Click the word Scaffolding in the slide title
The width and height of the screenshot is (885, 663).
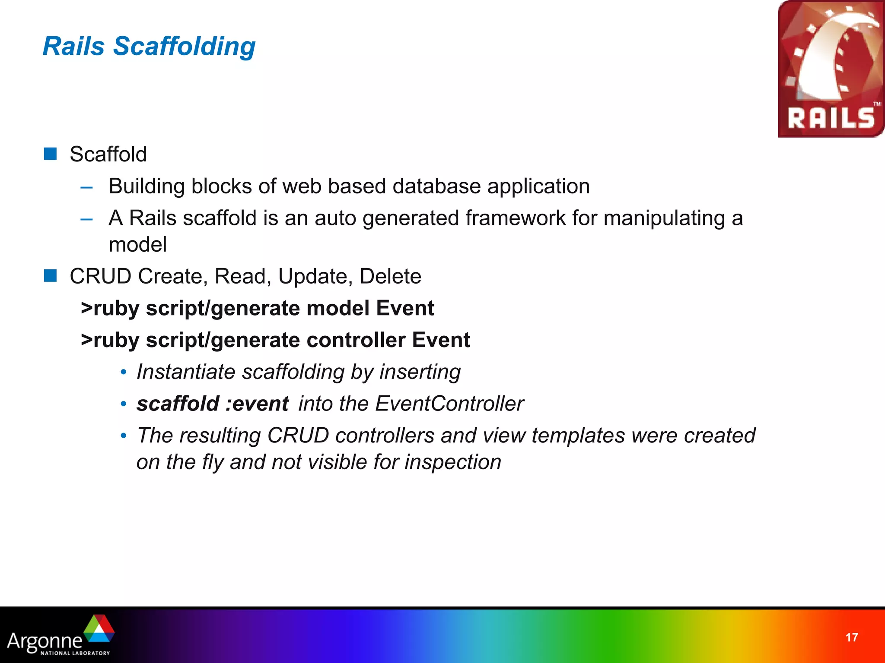(184, 46)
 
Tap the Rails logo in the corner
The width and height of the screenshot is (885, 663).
(831, 69)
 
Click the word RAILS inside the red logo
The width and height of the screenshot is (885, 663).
(831, 118)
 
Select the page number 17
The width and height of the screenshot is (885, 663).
(851, 638)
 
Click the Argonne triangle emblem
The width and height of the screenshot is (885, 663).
(99, 630)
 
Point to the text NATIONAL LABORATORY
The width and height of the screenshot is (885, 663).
(75, 653)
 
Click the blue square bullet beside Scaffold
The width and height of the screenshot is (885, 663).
(51, 154)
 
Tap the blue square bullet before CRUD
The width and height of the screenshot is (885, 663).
(51, 275)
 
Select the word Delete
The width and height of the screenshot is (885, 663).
(390, 276)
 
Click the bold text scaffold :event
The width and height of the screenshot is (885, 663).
(212, 404)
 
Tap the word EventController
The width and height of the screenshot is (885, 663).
(449, 404)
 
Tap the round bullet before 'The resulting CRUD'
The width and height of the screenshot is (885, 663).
(124, 436)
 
